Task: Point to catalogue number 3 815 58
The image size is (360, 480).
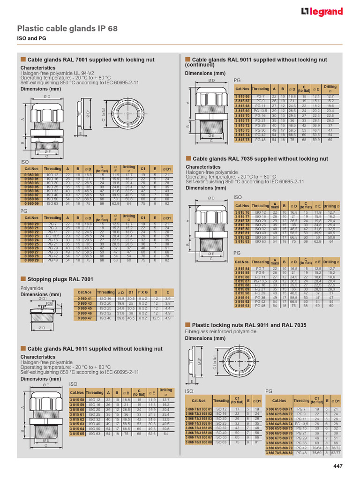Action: [77, 399]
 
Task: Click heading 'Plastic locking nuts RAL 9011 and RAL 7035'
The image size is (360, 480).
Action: [249, 324]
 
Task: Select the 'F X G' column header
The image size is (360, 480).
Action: [142, 292]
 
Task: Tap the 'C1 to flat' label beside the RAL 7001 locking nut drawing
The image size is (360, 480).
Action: [104, 114]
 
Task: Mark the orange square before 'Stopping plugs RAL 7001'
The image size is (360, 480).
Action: [22, 279]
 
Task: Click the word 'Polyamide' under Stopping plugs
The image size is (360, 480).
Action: [31, 288]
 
